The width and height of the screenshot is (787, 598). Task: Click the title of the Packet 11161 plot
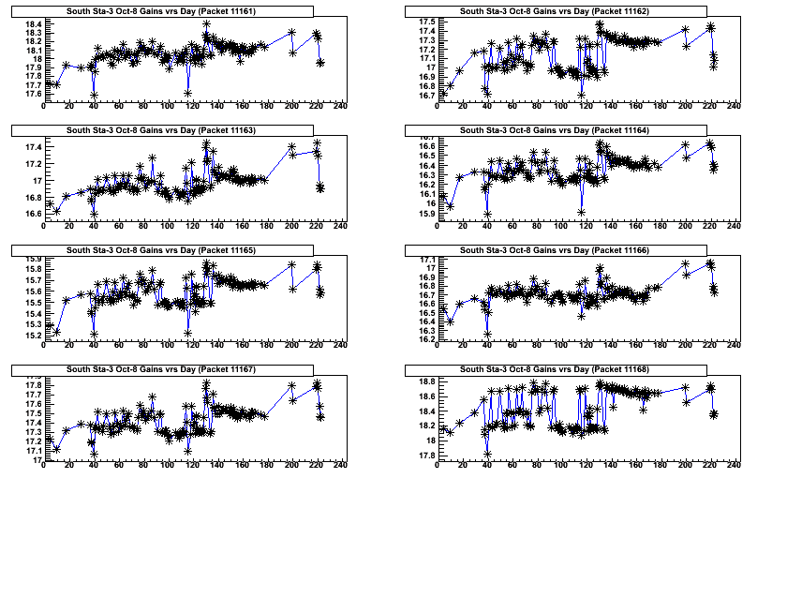(x=162, y=11)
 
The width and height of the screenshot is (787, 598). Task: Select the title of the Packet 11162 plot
(x=555, y=11)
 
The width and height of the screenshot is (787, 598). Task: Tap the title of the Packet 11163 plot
(x=162, y=129)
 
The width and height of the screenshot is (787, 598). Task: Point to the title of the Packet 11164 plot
(x=555, y=129)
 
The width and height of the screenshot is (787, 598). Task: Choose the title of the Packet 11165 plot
(x=162, y=250)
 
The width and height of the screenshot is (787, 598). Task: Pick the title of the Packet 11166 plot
(x=555, y=250)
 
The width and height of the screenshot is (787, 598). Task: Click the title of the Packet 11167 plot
(x=162, y=369)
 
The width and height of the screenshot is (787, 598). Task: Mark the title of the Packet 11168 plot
(x=555, y=369)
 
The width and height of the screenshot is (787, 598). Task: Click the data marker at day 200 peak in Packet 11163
(x=291, y=147)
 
